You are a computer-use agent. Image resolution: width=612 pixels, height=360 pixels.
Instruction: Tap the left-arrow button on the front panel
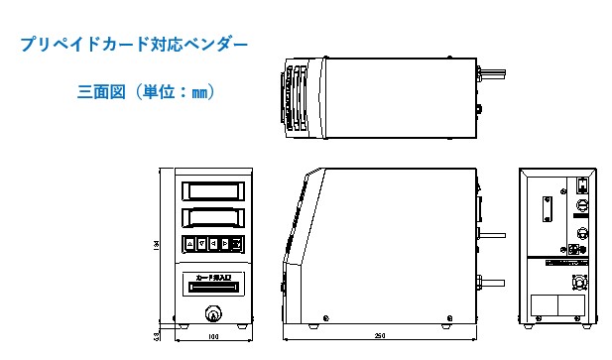pos(213,243)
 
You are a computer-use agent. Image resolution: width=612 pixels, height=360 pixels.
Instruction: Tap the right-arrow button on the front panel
pos(224,243)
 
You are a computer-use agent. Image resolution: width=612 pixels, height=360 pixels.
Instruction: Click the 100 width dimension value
pos(211,337)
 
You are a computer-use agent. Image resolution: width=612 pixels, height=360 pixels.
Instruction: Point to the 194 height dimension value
pos(157,247)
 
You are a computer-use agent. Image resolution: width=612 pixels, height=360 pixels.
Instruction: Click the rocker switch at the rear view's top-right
pos(580,183)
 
